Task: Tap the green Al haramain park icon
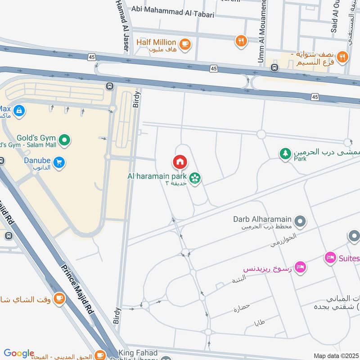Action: pos(195,179)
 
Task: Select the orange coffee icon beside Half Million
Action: pos(184,44)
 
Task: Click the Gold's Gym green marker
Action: pos(65,141)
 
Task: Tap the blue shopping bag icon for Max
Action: pos(19,110)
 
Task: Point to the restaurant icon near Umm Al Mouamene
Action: pos(242,41)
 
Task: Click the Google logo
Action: pos(18,353)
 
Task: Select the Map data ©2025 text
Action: pos(336,355)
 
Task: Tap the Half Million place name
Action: pos(156,42)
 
